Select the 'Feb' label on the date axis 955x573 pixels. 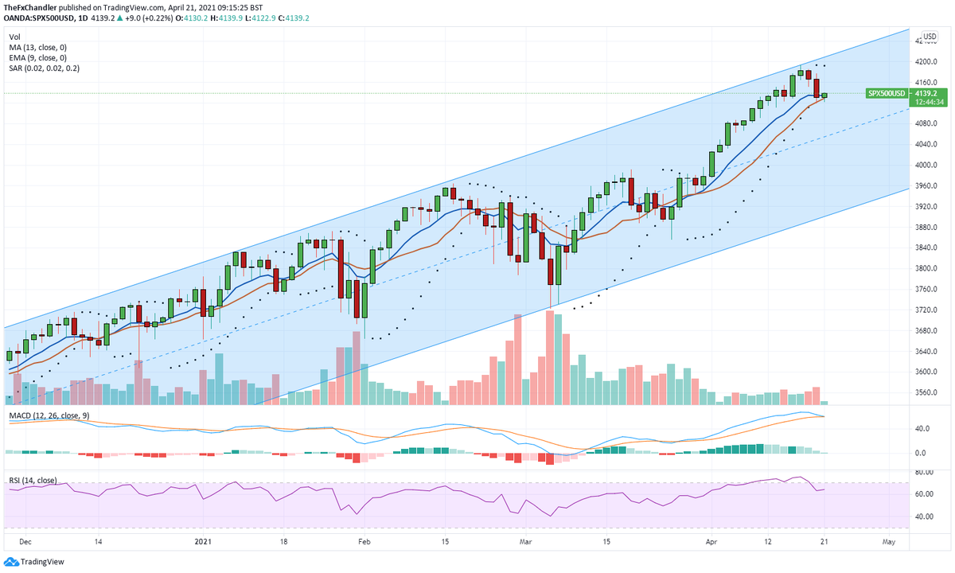pos(364,540)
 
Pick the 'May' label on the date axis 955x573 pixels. pos(890,540)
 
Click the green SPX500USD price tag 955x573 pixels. pos(887,93)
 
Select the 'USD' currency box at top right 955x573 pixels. pos(929,37)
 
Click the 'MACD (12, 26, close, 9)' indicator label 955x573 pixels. pos(49,415)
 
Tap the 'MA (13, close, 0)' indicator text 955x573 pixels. pos(37,48)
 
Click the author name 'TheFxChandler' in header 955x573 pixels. pos(30,8)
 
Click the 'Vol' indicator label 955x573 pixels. pos(15,37)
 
